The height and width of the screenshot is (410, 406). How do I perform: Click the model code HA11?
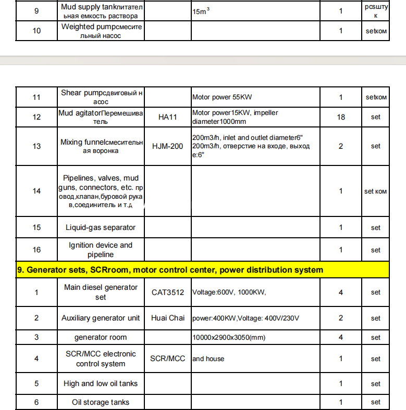click(167, 117)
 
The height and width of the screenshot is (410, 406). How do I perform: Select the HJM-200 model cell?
click(167, 146)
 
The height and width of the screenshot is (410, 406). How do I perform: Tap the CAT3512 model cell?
click(167, 292)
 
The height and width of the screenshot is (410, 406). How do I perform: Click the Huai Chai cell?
click(167, 318)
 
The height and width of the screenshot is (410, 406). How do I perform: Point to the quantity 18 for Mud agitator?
click(341, 117)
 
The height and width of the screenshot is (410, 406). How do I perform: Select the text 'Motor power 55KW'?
click(223, 97)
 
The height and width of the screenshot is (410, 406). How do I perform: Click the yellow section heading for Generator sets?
click(170, 270)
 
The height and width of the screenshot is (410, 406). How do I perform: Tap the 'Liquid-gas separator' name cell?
click(101, 227)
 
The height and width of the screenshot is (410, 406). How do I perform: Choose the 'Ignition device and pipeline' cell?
click(101, 250)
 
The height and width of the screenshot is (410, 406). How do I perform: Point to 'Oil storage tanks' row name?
click(101, 402)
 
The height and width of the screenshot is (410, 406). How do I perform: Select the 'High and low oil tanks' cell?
click(101, 383)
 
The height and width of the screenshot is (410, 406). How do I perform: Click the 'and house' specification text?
click(208, 358)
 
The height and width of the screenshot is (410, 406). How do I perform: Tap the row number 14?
click(36, 191)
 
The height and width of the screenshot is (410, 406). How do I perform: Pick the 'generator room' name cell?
click(101, 337)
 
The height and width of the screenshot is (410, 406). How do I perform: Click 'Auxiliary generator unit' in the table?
click(101, 318)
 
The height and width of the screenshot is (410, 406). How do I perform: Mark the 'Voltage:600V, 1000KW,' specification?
click(229, 292)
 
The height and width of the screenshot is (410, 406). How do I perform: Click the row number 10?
click(36, 31)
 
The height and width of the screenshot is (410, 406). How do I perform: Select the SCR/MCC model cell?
click(167, 358)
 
